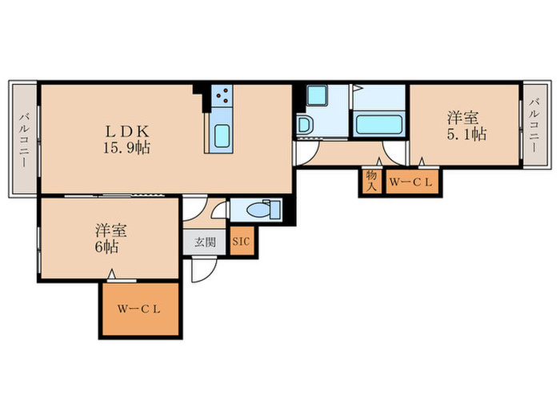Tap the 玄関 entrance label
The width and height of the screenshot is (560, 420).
(205, 242)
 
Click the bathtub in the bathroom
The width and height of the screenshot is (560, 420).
(378, 125)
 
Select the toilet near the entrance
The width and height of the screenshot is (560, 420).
(261, 210)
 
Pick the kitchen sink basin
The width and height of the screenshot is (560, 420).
(221, 135)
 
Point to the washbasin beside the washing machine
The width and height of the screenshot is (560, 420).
(304, 125)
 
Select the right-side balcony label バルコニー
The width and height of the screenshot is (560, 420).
(533, 125)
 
